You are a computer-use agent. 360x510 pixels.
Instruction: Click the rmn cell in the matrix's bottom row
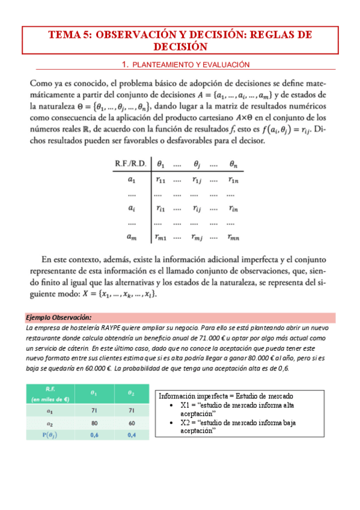(234, 238)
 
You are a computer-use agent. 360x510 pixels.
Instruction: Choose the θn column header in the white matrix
(234, 162)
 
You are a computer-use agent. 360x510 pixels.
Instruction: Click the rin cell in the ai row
(234, 208)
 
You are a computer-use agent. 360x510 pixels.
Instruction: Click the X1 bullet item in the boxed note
(237, 410)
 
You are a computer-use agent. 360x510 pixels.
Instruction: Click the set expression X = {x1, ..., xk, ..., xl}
(127, 294)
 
